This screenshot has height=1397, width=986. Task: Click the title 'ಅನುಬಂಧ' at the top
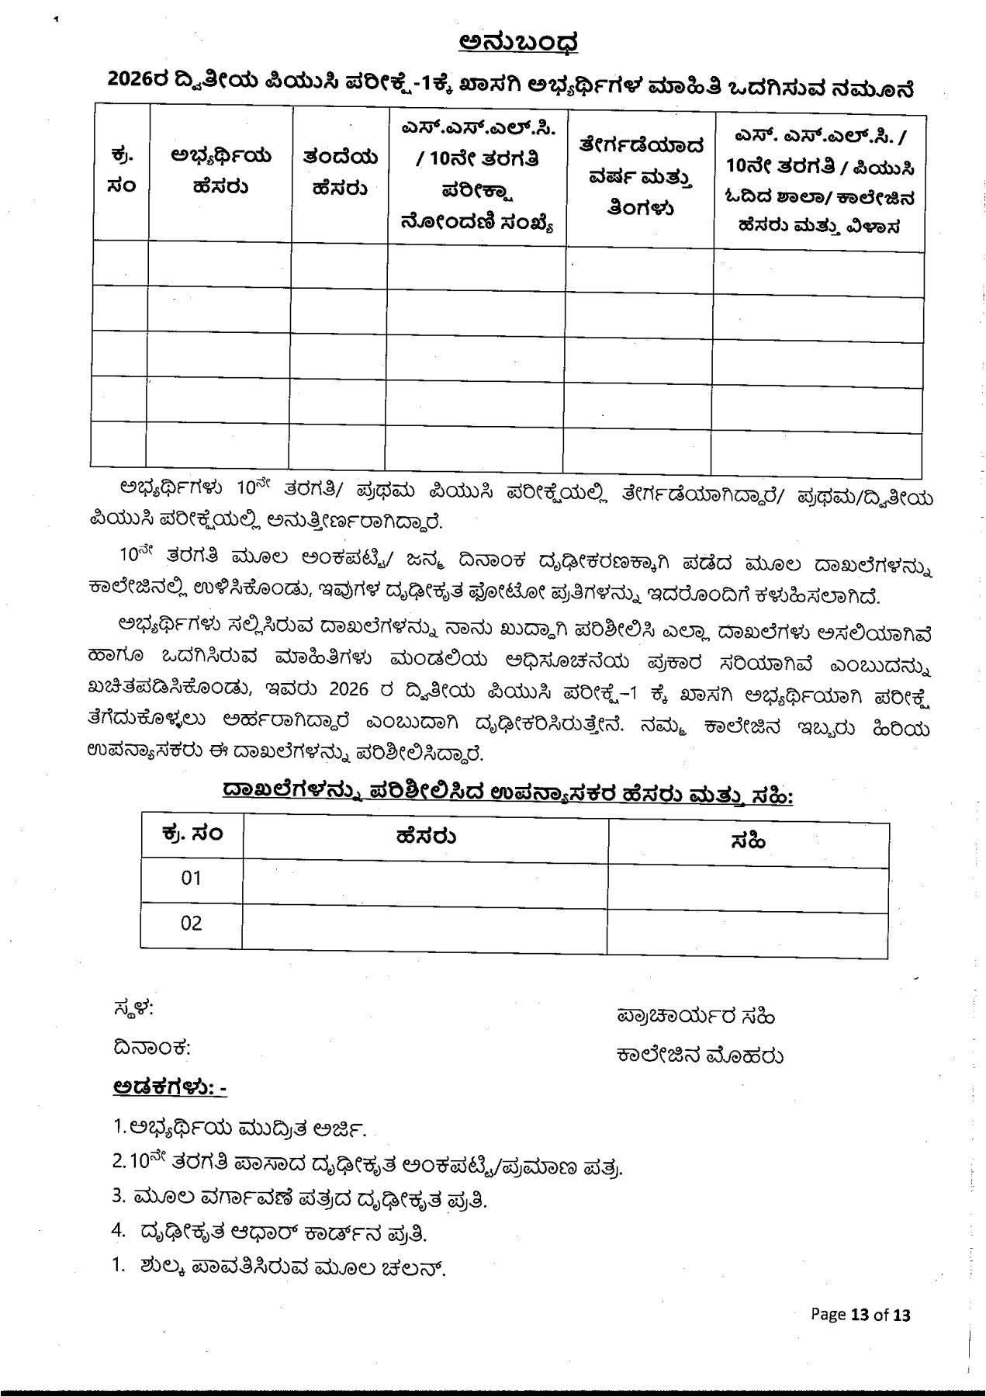pyautogui.click(x=517, y=43)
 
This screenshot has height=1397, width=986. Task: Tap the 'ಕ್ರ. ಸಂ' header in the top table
pyautogui.click(x=121, y=172)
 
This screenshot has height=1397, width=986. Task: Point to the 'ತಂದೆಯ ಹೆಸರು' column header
pyautogui.click(x=340, y=172)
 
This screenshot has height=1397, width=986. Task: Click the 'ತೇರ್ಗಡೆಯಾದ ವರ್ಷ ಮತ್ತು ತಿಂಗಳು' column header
pyautogui.click(x=640, y=176)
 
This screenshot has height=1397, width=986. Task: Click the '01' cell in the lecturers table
pyautogui.click(x=192, y=878)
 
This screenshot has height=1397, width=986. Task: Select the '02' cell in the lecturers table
pyautogui.click(x=192, y=923)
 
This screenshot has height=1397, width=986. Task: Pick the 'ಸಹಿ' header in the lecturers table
pyautogui.click(x=748, y=839)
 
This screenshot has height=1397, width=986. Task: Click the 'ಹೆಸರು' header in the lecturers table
pyautogui.click(x=425, y=836)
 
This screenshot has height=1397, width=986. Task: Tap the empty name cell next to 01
pyautogui.click(x=425, y=879)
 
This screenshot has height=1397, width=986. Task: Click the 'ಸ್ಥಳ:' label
pyautogui.click(x=133, y=1009)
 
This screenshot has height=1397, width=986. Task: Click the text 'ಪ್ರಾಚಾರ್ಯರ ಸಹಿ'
pyautogui.click(x=696, y=1016)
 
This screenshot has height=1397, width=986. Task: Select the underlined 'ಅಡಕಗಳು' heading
pyautogui.click(x=169, y=1087)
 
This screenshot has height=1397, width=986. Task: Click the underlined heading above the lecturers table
pyautogui.click(x=507, y=795)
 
